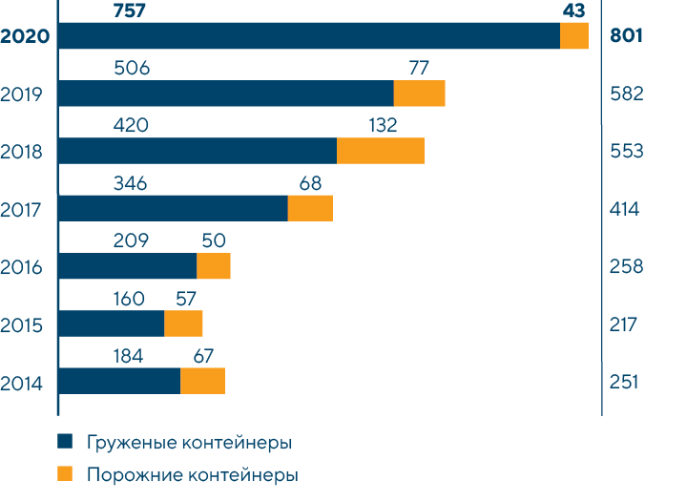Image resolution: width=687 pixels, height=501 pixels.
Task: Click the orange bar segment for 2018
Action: pyautogui.click(x=381, y=151)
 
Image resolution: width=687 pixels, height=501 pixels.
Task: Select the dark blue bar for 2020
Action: pyautogui.click(x=309, y=36)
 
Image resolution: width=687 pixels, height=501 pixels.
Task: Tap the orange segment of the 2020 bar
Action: pyautogui.click(x=574, y=36)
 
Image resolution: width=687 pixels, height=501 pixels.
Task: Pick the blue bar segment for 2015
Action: pyautogui.click(x=111, y=324)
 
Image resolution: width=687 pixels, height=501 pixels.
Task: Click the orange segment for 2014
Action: pyautogui.click(x=202, y=381)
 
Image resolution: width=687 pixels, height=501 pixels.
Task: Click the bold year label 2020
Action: pyautogui.click(x=26, y=37)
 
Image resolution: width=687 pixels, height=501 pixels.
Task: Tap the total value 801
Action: pyautogui.click(x=626, y=37)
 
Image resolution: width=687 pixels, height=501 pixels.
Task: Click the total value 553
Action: pyautogui.click(x=626, y=152)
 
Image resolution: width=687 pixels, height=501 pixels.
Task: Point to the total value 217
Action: pyautogui.click(x=624, y=324)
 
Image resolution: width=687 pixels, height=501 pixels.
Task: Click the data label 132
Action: pyautogui.click(x=381, y=125)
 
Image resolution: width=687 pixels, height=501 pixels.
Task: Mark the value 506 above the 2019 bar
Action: pyautogui.click(x=132, y=68)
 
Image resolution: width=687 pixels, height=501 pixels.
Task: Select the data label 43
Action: pyautogui.click(x=573, y=10)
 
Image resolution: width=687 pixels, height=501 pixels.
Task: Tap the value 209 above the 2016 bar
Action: pyautogui.click(x=131, y=240)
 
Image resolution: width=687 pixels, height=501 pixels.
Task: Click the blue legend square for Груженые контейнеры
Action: pyautogui.click(x=65, y=442)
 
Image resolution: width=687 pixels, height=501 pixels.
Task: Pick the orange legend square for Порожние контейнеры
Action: pyautogui.click(x=65, y=473)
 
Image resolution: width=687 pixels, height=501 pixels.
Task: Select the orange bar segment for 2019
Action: pyautogui.click(x=420, y=94)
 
